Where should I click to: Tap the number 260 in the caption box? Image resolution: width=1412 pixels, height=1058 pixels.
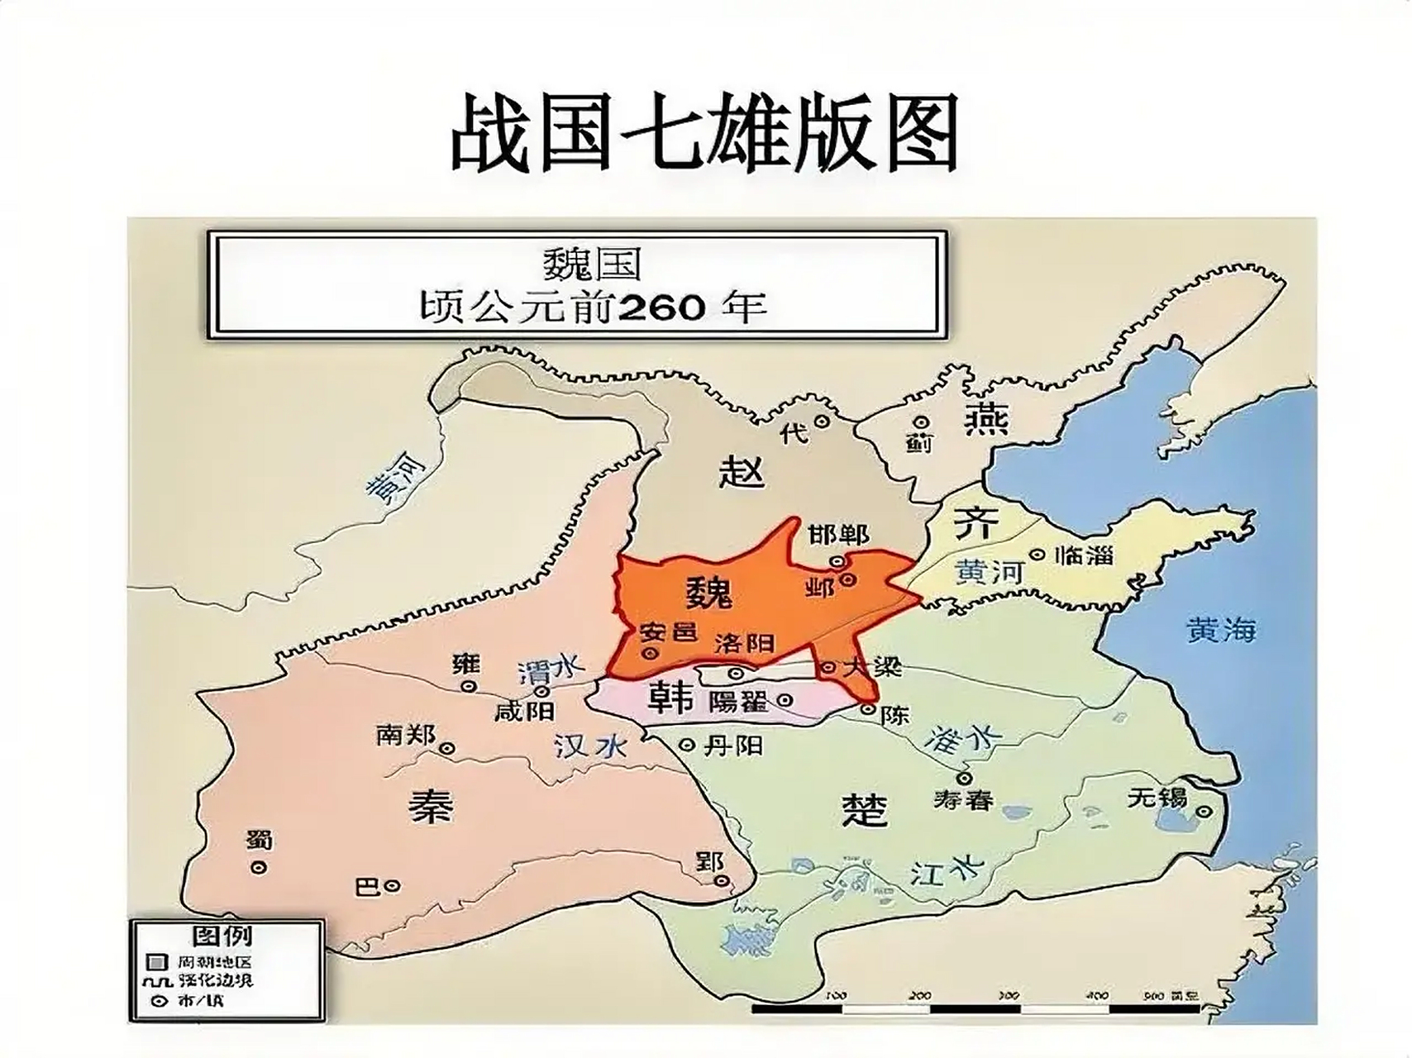(661, 307)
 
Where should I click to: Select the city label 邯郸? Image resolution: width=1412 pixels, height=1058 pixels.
(838, 535)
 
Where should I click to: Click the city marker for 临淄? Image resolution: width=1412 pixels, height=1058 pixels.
(1036, 555)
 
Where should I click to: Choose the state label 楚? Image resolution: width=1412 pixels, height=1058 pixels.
(864, 810)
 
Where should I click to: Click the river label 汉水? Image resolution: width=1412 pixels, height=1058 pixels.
(589, 746)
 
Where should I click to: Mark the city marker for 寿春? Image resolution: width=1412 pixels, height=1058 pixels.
(963, 778)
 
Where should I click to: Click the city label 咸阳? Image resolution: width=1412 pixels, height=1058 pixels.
(524, 710)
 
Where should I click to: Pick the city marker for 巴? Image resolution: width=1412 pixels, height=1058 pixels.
(393, 886)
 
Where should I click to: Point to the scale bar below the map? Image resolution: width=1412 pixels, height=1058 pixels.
(976, 1008)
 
